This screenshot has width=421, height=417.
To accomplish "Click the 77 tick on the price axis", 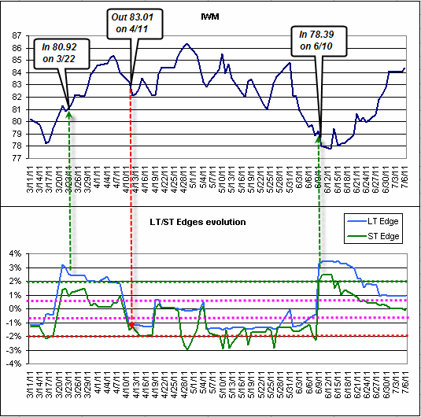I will [x=17, y=157].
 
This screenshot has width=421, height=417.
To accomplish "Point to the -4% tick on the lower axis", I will [x=15, y=363].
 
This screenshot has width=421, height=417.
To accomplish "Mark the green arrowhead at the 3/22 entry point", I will [x=70, y=115].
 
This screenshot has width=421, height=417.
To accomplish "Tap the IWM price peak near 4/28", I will [x=186, y=45].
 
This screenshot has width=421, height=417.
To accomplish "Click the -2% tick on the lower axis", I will [x=15, y=336].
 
